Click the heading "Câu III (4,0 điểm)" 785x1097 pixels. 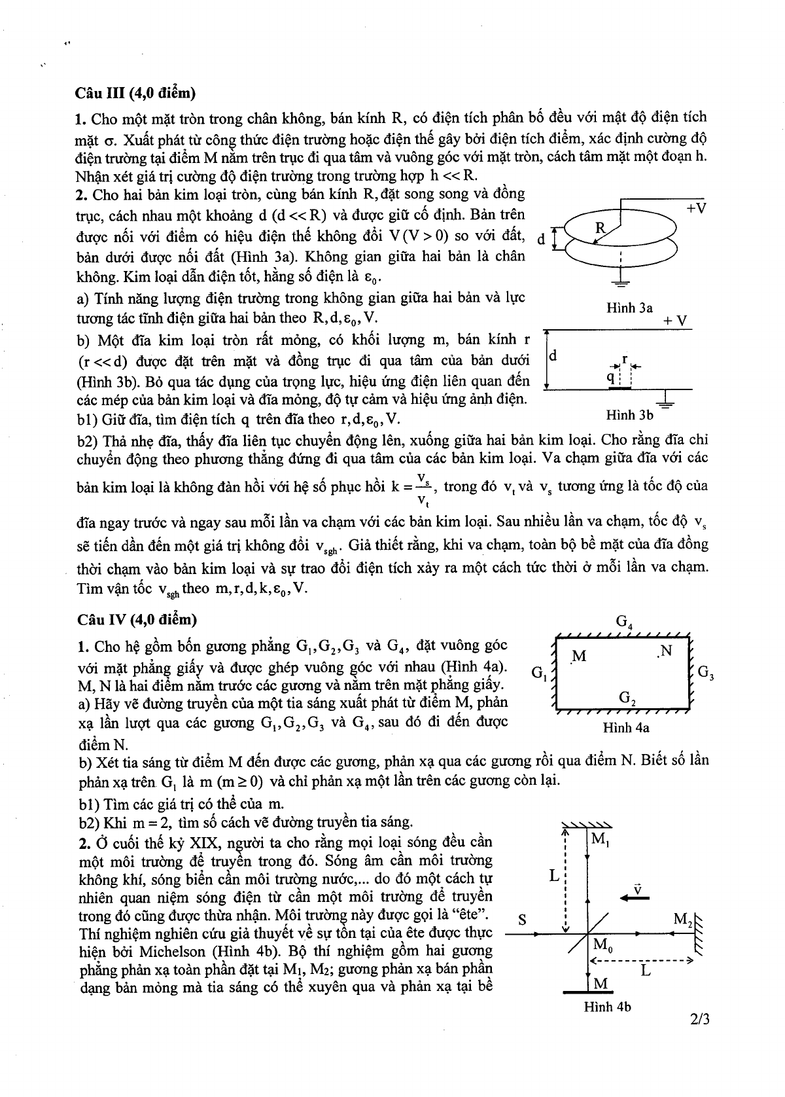[x=135, y=94]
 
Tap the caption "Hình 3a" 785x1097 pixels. [x=629, y=307]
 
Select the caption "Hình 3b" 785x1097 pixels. [x=629, y=414]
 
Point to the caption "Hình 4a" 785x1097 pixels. [x=626, y=727]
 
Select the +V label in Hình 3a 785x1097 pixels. [x=696, y=208]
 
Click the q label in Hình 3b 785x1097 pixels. [x=610, y=376]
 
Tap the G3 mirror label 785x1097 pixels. [x=705, y=671]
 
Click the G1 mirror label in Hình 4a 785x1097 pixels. [x=539, y=672]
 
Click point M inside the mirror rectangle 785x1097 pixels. [x=578, y=656]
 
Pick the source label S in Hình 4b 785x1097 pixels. [x=522, y=919]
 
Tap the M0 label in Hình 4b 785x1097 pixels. [x=601, y=944]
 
